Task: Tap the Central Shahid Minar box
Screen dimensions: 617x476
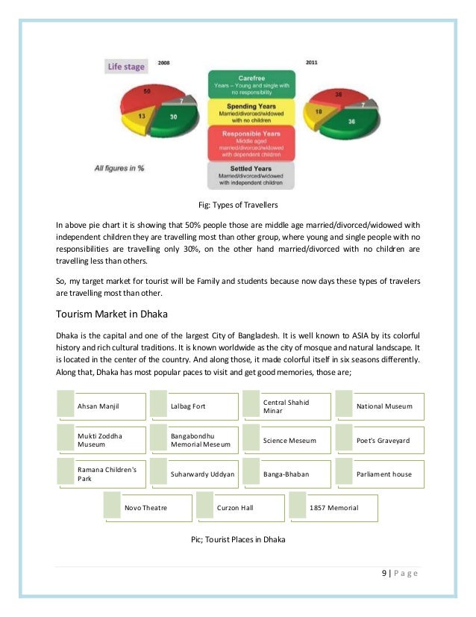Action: [286, 406]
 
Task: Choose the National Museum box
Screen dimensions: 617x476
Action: [380, 406]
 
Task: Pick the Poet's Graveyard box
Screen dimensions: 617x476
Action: [380, 441]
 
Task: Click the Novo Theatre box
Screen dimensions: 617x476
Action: [146, 508]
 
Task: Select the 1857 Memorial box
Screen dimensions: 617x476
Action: [333, 508]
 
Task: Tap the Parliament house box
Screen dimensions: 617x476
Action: [380, 474]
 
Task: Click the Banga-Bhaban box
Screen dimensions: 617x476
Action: [286, 474]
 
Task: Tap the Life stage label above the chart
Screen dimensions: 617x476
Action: [126, 67]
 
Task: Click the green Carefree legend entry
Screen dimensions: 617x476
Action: [248, 83]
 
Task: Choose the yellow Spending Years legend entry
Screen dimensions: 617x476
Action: [248, 113]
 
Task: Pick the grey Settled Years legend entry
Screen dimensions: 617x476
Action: [248, 176]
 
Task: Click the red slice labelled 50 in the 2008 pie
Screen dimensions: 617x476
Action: [145, 93]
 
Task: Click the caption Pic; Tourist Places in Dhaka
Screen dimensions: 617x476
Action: [238, 539]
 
